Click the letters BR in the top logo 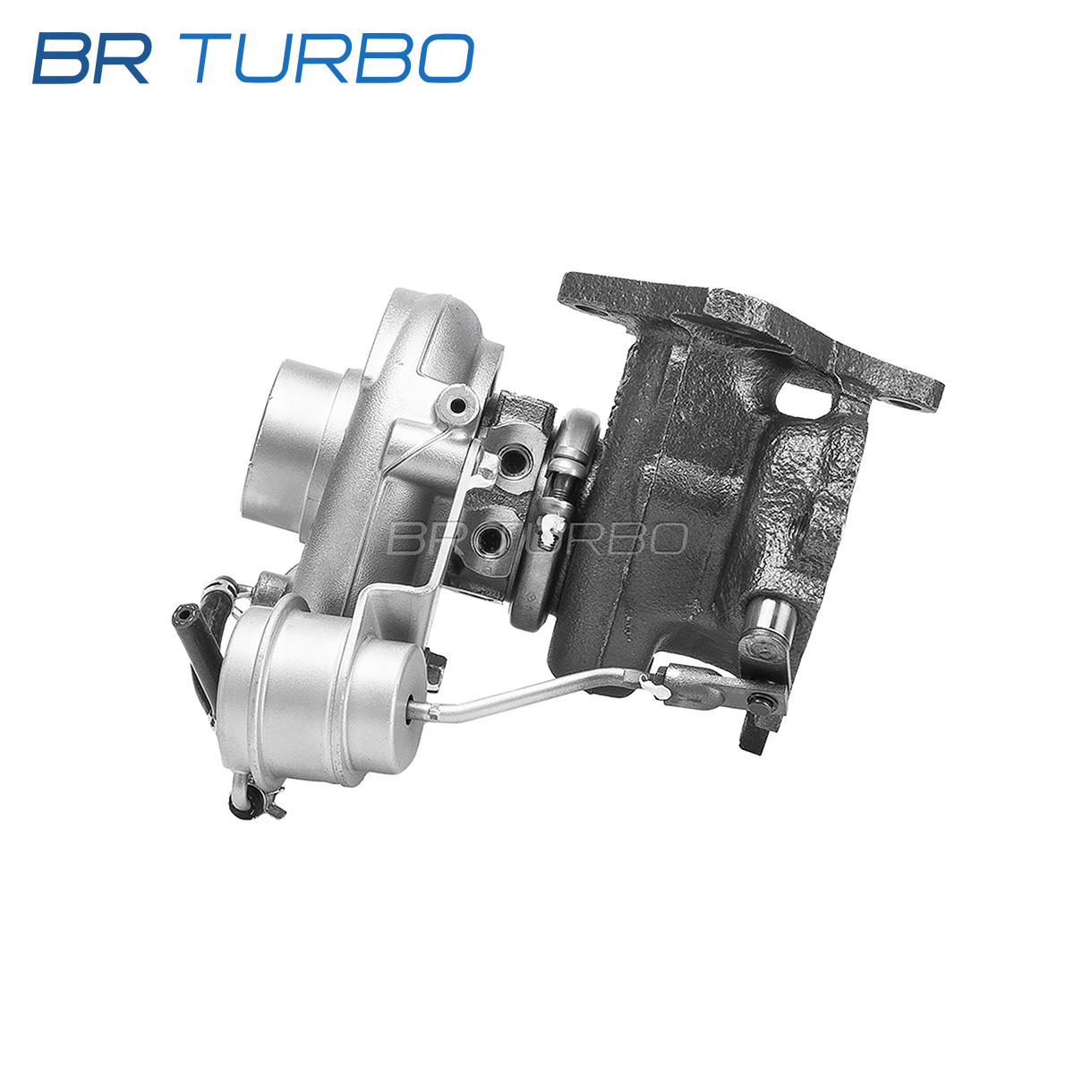[92, 58]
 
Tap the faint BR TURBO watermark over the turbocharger [537, 539]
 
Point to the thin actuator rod [530, 691]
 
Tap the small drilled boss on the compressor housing [457, 405]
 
